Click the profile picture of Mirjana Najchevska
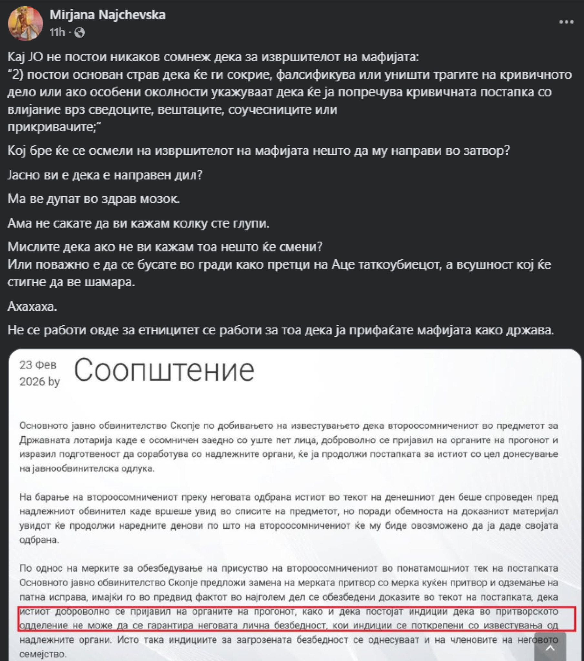25,23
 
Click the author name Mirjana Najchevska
108,15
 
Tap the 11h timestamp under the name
57,32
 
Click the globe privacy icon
80,32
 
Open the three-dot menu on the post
566,22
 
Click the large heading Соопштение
164,370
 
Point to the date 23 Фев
38,365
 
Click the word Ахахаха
32,306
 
